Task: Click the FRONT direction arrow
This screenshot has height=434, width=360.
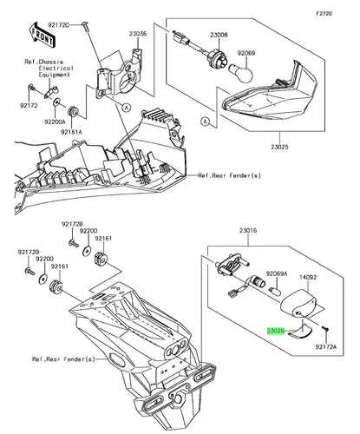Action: pos(42,34)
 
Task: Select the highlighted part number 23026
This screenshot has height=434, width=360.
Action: pos(276,331)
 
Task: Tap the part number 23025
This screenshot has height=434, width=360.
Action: pos(279,147)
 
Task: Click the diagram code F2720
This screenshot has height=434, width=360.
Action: pos(324,13)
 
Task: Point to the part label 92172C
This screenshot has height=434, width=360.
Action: pos(59,25)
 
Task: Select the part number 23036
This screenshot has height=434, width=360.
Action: pos(138,34)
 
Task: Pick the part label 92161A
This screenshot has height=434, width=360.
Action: pos(71,132)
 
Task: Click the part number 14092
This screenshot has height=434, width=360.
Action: pos(308,277)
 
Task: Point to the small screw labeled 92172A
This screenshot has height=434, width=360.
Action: pos(326,329)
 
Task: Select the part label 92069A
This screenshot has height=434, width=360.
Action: pos(277,273)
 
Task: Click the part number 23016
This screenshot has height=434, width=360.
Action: pos(248,231)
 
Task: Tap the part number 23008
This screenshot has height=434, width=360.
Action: pos(219,35)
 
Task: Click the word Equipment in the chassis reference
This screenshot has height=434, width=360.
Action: pos(55,75)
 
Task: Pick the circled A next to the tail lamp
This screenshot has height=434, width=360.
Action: pos(205,122)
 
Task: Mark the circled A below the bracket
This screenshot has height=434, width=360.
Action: pos(126,108)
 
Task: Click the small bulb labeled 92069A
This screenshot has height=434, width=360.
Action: pos(275,292)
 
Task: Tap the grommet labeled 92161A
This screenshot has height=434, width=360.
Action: pos(73,111)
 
